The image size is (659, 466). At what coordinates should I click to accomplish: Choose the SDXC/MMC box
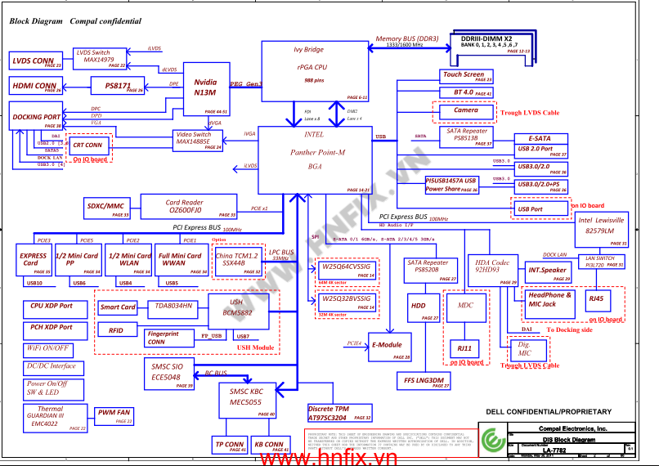tap(106, 208)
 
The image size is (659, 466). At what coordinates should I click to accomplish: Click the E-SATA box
tap(540, 139)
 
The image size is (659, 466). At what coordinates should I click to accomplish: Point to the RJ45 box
tap(601, 300)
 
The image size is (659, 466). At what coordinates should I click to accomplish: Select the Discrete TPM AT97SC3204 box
tap(339, 413)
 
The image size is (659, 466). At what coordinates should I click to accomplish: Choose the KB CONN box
tap(269, 446)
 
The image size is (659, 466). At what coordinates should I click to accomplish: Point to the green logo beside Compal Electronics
tap(491, 438)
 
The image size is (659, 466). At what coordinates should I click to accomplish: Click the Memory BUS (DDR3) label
tap(407, 39)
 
